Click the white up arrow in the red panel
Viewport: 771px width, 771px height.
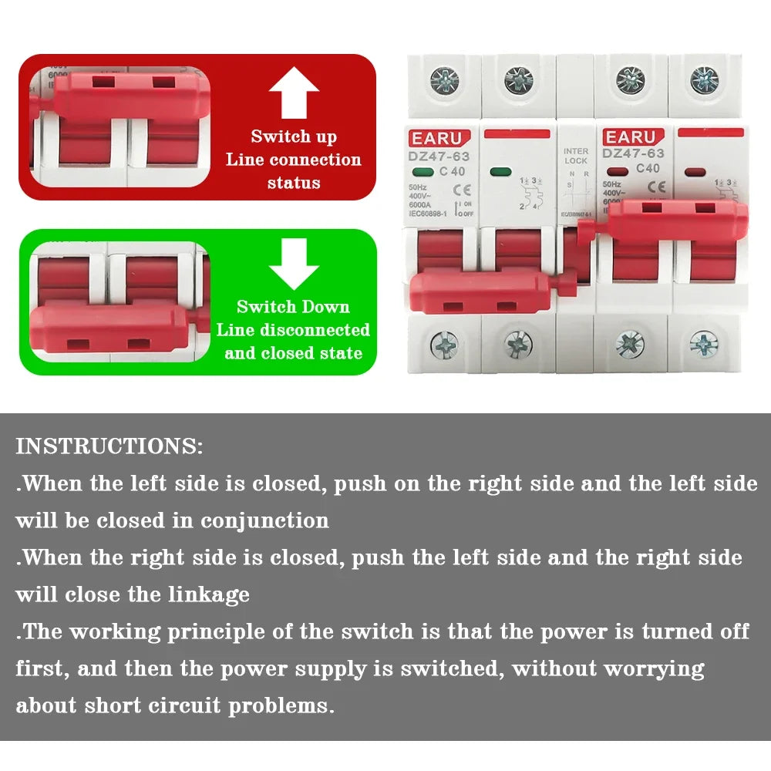point(294,92)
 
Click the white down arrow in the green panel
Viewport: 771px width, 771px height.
point(294,264)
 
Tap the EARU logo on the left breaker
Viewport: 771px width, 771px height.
point(436,139)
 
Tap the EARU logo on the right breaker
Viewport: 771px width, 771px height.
point(630,137)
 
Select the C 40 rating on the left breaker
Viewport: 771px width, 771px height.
point(452,171)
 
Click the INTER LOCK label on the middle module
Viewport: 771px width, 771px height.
point(575,157)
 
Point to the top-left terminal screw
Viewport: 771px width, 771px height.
point(444,80)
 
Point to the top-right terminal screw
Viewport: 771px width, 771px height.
point(704,79)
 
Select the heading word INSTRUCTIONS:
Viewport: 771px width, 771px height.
point(109,446)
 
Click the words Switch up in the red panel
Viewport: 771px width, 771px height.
point(294,136)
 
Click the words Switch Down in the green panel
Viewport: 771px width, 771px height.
point(293,307)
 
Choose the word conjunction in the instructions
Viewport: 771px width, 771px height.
point(264,520)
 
